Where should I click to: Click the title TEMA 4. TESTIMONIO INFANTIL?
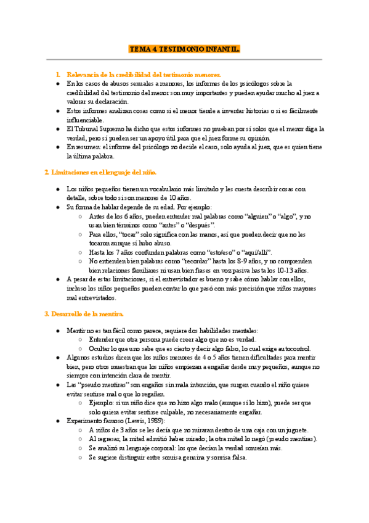click(184, 48)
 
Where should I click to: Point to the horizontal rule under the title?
click(184, 60)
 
